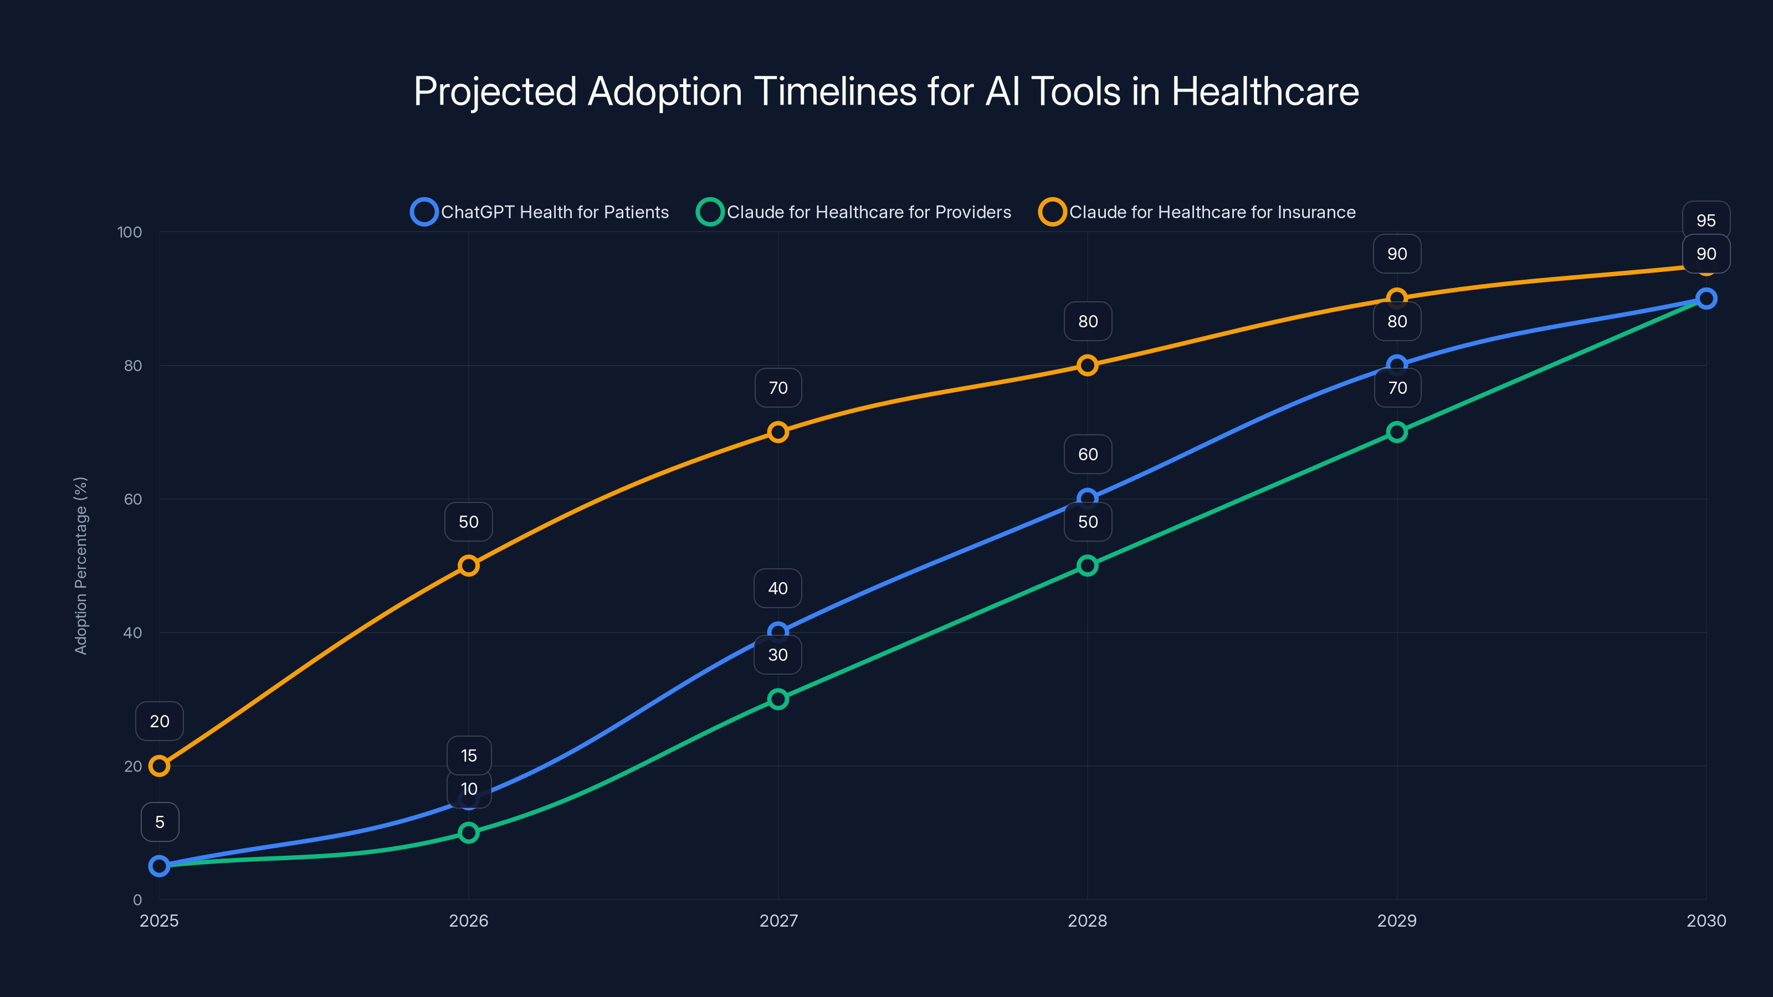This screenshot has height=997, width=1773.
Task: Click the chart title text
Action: click(886, 91)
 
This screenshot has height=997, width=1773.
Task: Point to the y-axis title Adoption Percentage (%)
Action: click(81, 566)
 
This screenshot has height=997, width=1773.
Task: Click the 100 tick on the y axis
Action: click(130, 233)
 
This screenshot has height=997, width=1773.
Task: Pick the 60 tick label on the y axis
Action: click(133, 500)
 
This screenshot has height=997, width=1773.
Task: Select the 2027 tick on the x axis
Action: click(778, 921)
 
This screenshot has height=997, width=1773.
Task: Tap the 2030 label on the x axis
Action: click(1705, 921)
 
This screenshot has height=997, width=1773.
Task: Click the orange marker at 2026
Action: click(469, 566)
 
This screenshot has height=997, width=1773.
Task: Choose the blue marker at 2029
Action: click(1396, 366)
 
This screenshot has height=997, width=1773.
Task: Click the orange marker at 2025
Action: click(160, 766)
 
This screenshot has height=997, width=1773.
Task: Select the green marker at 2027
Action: click(778, 699)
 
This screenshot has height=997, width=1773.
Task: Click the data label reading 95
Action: click(1705, 221)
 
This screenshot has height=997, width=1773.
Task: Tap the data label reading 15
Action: click(469, 756)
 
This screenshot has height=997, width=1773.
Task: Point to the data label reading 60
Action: click(1088, 454)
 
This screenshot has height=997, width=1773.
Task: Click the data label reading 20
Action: click(160, 721)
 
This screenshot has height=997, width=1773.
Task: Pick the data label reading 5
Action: click(160, 822)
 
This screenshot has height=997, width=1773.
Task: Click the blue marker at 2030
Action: click(1705, 299)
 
